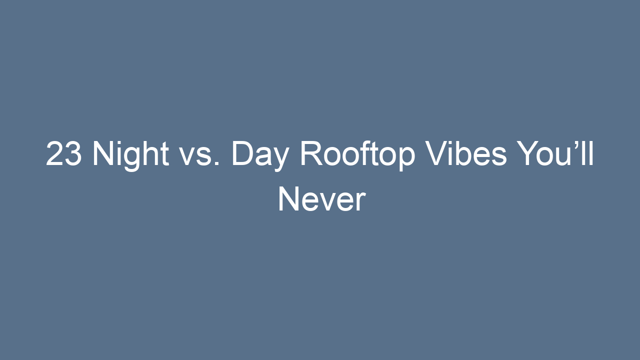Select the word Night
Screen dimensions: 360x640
click(130, 154)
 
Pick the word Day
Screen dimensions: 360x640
click(260, 154)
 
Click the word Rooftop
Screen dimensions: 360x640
click(357, 154)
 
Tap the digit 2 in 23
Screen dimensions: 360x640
click(55, 154)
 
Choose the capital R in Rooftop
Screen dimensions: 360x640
click(311, 154)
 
